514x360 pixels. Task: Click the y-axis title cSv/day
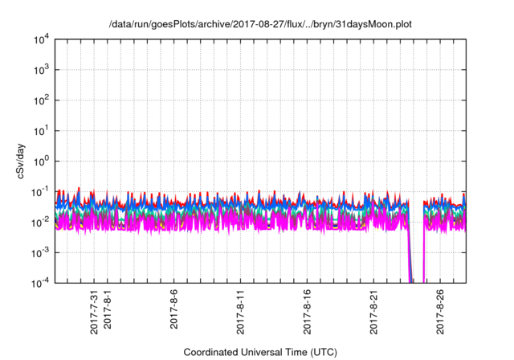22,161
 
